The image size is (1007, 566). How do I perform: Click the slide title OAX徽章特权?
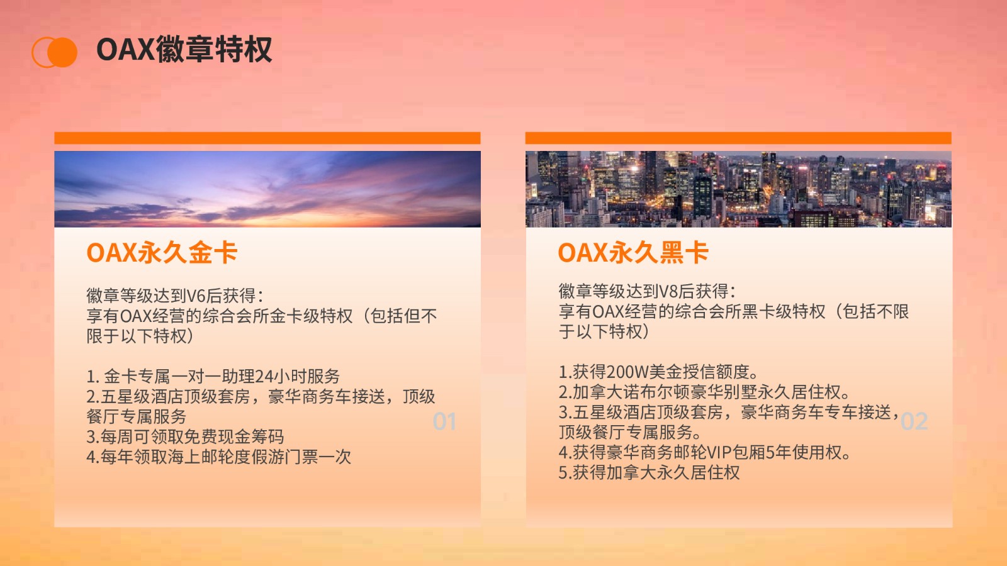point(184,50)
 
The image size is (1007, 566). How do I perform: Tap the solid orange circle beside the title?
point(62,52)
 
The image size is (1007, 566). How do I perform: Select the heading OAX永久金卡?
point(162,252)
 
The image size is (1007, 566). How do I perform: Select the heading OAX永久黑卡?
point(633,252)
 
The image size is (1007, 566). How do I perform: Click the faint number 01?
point(444,421)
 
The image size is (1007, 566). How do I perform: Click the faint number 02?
point(914,421)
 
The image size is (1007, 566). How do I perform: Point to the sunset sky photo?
point(267,189)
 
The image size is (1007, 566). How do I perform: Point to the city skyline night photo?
point(739,189)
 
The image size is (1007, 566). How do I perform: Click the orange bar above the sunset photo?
point(267,138)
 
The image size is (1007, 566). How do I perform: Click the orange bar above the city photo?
point(739,138)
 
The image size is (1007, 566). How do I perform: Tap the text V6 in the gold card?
point(196,296)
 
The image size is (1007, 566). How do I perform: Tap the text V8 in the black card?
point(668,292)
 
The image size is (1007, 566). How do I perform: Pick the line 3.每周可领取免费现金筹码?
point(185,436)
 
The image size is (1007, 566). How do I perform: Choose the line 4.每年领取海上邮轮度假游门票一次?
point(218,457)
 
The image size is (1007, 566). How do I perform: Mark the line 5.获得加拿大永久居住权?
point(649,472)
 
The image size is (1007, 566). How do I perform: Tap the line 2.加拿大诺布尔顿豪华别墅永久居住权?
point(704,392)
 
